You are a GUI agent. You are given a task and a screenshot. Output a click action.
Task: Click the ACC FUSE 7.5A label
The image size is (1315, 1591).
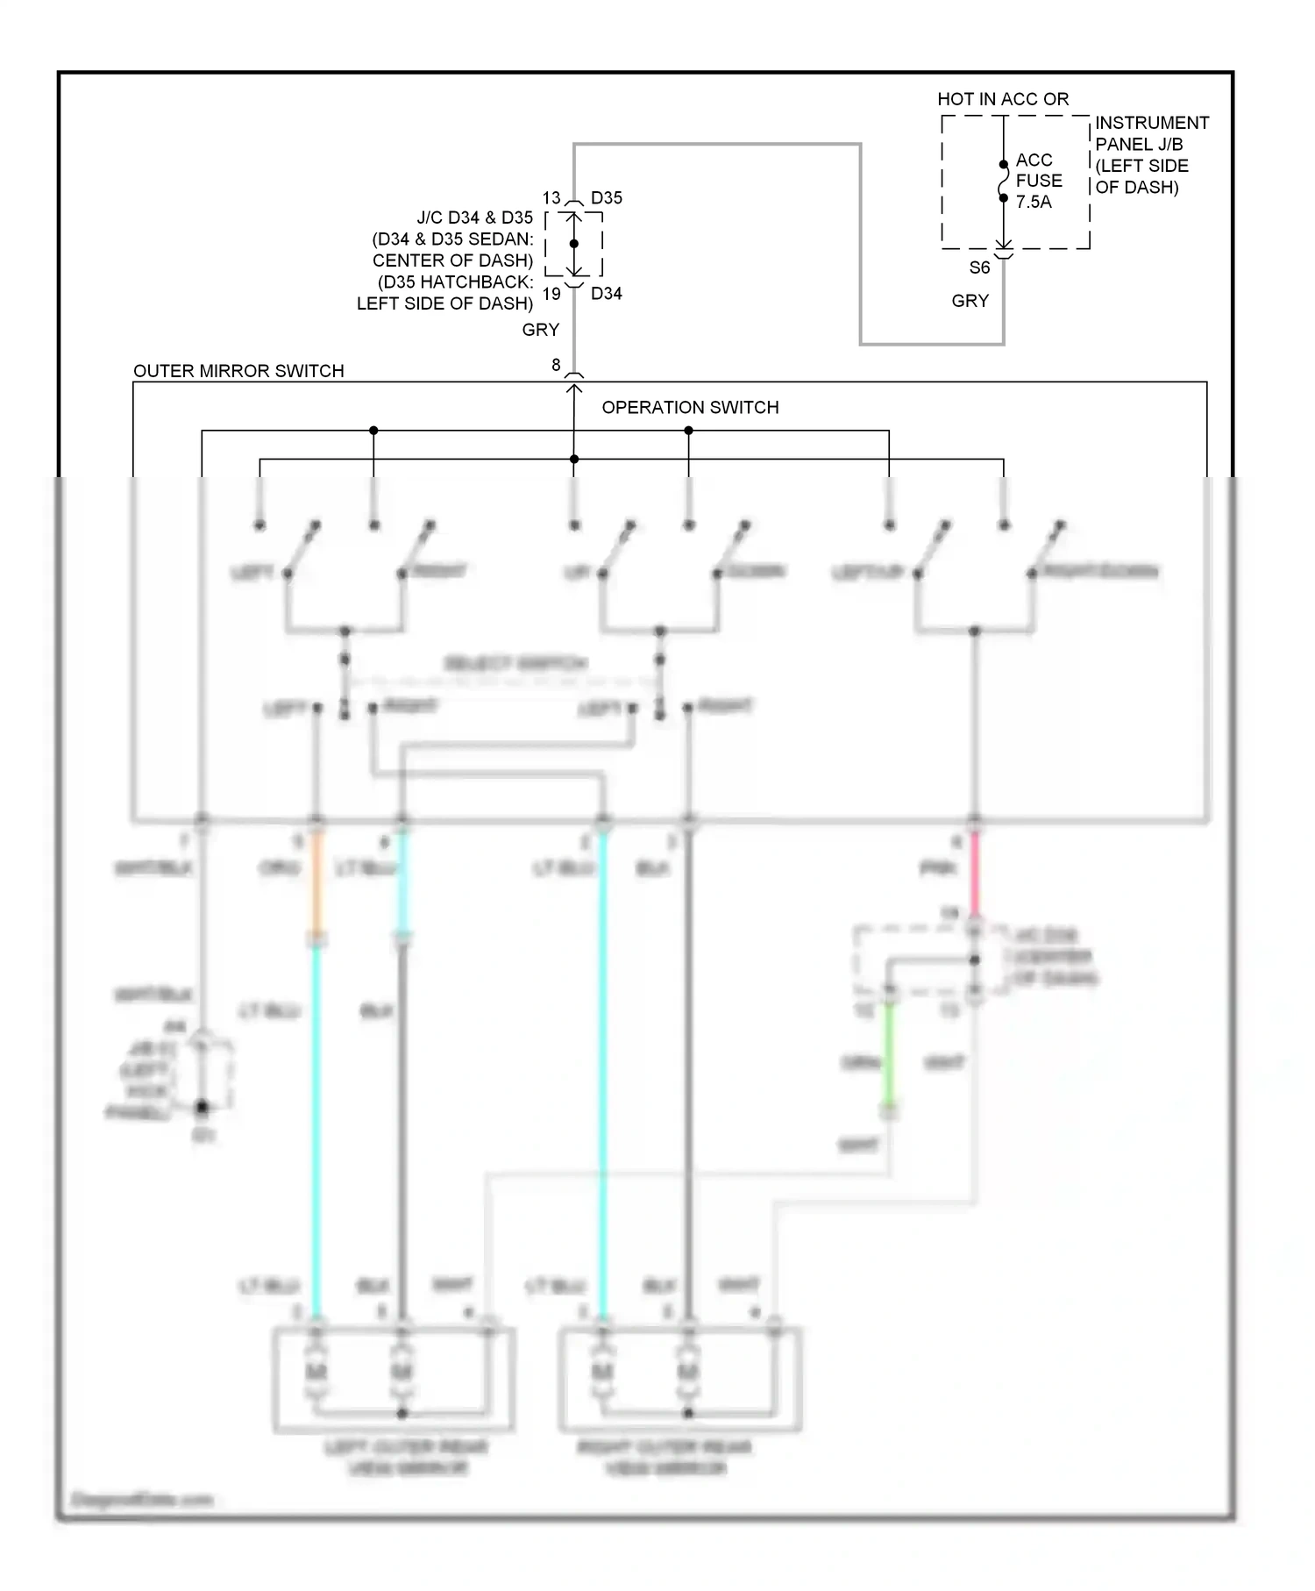1038,181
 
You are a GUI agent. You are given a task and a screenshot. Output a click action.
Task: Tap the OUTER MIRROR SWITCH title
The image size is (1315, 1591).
238,371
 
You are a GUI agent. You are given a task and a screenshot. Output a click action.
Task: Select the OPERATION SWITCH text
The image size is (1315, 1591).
690,408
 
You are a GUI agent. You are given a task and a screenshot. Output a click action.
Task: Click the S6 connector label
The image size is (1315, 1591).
979,268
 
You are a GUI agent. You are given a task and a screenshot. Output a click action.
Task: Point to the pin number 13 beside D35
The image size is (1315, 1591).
551,198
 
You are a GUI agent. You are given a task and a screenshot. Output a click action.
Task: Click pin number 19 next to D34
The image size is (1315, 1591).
551,294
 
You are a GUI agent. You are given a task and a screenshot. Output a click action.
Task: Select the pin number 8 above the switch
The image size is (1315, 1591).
556,365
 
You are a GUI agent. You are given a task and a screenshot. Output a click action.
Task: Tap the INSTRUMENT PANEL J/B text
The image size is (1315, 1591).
1151,133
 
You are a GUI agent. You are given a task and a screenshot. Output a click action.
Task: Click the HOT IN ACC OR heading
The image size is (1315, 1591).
1003,99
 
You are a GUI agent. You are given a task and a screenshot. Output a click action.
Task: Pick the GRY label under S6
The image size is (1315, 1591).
970,301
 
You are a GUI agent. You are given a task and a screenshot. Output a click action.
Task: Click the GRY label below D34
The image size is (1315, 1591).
540,330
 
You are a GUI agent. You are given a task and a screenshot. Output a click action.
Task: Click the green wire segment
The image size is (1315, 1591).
889,1052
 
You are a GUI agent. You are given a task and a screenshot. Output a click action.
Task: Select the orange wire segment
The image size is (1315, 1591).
316,881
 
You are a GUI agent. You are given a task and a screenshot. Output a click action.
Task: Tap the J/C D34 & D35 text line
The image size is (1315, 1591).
474,218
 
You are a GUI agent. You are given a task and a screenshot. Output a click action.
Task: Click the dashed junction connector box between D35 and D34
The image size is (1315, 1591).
574,245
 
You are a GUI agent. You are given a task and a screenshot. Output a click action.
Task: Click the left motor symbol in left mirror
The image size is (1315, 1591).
316,1371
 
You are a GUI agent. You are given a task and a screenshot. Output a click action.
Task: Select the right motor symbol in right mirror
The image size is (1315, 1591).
688,1371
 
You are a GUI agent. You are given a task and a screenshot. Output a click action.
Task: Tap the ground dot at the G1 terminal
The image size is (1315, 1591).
203,1108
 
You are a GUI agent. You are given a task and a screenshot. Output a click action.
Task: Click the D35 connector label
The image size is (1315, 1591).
606,198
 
